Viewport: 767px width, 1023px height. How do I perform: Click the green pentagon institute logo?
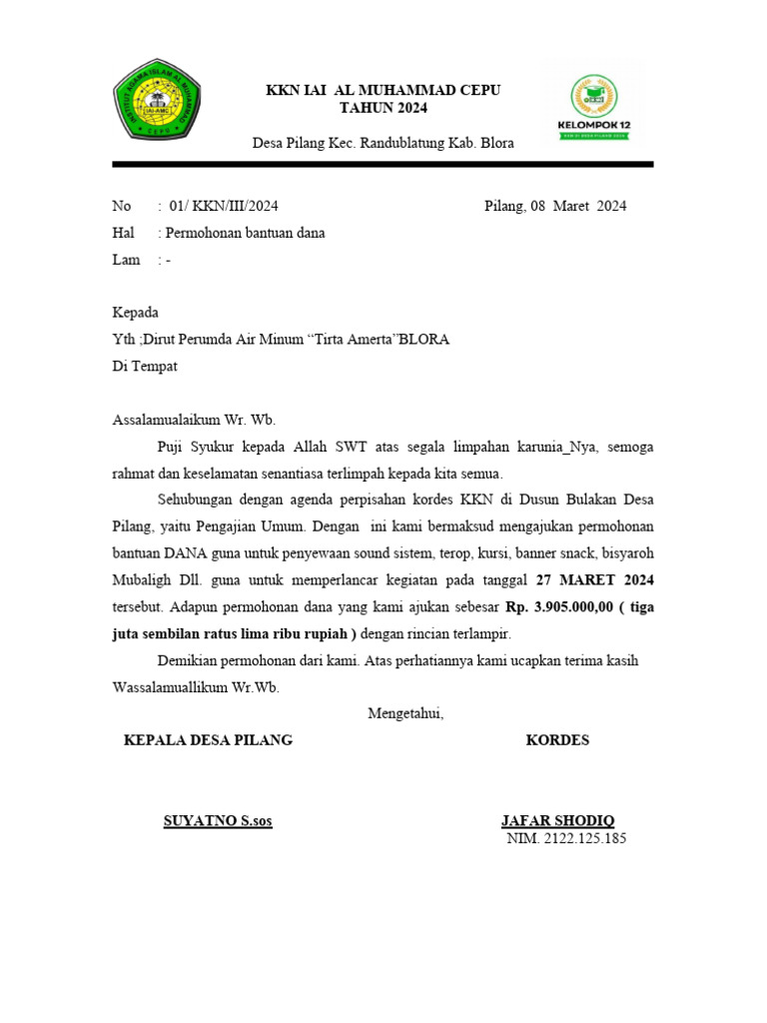158,100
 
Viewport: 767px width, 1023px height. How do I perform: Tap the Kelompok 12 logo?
593,107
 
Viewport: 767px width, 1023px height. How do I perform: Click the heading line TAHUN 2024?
383,108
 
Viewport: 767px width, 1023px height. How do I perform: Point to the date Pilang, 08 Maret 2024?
555,207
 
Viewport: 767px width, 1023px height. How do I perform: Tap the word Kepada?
136,313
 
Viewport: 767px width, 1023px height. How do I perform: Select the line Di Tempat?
145,367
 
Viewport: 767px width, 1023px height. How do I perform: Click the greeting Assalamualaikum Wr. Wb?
194,420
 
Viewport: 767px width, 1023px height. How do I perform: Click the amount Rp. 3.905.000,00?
561,607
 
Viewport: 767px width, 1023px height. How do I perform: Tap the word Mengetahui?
405,713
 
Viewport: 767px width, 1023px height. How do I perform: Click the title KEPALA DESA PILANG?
208,740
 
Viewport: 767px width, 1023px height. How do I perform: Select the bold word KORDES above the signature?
557,740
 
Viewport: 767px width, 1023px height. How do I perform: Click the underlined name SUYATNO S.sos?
218,821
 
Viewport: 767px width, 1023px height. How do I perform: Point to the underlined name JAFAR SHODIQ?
558,821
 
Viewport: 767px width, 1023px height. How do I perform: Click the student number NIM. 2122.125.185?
566,839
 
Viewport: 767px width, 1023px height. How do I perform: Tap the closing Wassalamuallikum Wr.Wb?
197,687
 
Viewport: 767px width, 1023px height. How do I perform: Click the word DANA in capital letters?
186,553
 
